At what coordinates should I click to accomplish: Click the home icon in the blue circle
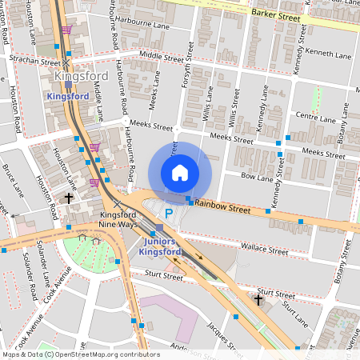pyautogui.click(x=180, y=172)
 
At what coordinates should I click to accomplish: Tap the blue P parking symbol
pyautogui.click(x=168, y=214)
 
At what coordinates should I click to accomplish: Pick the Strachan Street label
pyautogui.click(x=34, y=61)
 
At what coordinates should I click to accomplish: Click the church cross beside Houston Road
pyautogui.click(x=69, y=198)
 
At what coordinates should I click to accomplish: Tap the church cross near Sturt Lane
pyautogui.click(x=258, y=298)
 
